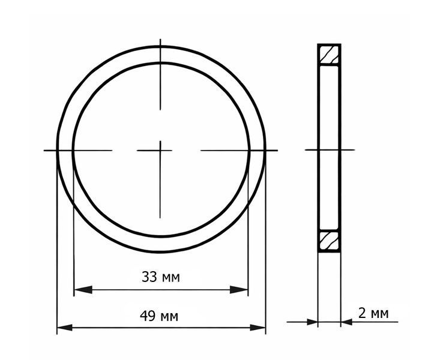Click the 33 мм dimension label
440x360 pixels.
160,277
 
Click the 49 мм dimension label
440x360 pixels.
159,317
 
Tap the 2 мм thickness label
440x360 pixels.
373,313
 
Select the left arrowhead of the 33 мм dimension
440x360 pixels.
83,290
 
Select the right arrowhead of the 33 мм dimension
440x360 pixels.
238,290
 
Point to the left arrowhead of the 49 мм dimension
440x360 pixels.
65,328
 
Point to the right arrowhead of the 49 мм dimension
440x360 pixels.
258,328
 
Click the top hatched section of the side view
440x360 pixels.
329,55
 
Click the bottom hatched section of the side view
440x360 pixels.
329,241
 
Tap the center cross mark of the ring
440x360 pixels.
160,151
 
